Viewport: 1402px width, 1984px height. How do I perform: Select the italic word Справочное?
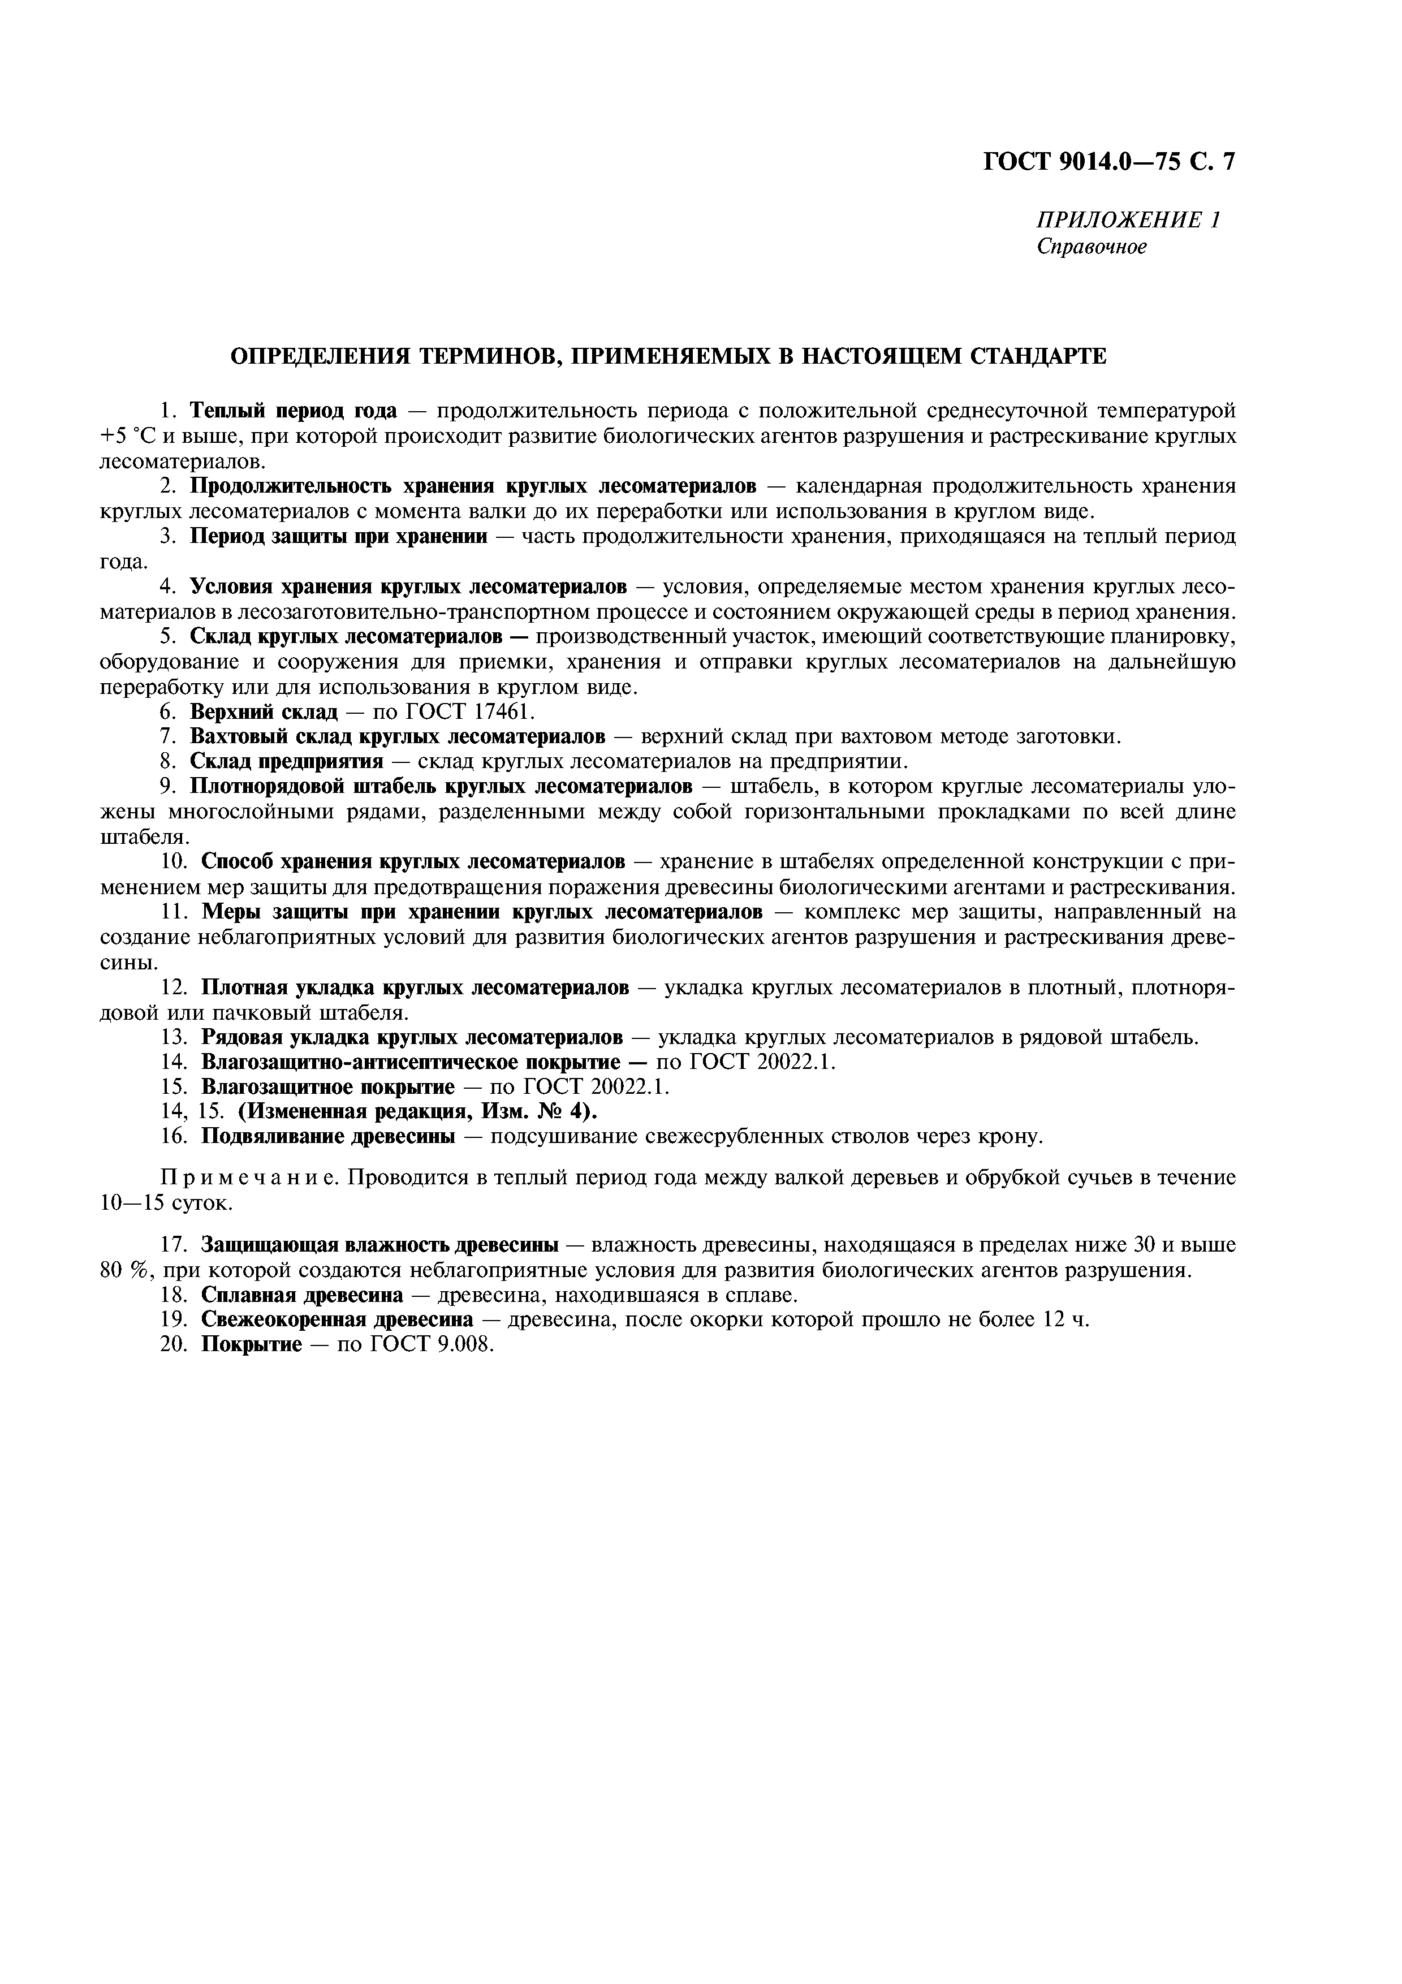tap(1092, 247)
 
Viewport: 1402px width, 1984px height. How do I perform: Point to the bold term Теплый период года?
tap(293, 409)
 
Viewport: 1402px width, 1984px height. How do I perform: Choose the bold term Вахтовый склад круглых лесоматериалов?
tap(398, 737)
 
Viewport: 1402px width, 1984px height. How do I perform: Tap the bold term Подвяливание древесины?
tap(328, 1136)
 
